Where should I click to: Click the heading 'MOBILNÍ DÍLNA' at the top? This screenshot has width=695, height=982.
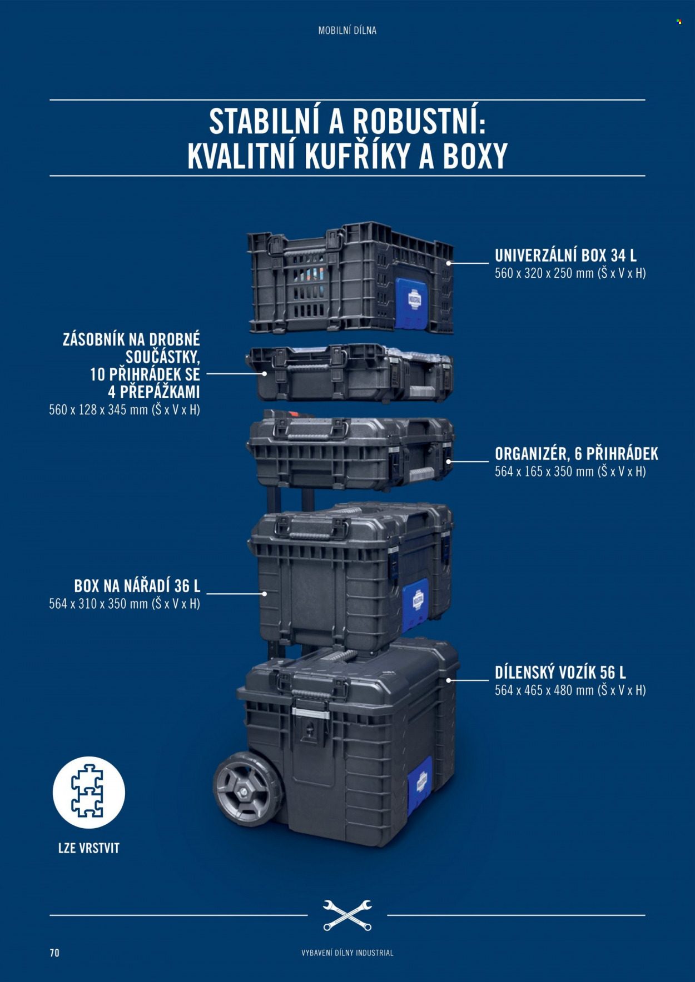pyautogui.click(x=347, y=31)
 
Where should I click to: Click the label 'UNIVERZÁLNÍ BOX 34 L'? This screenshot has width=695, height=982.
pyautogui.click(x=565, y=255)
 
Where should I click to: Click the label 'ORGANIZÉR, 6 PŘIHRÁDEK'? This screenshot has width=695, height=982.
pyautogui.click(x=577, y=454)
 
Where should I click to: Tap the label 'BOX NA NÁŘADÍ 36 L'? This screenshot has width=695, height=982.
pyautogui.click(x=137, y=586)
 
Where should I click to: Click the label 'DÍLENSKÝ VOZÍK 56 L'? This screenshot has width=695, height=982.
pyautogui.click(x=560, y=673)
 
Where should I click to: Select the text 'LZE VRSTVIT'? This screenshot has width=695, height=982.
pyautogui.click(x=89, y=848)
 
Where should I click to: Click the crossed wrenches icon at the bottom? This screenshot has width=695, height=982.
pyautogui.click(x=348, y=915)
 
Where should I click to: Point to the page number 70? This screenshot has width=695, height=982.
pyautogui.click(x=54, y=953)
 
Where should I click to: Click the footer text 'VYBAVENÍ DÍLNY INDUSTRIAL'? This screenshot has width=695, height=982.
pyautogui.click(x=348, y=953)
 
